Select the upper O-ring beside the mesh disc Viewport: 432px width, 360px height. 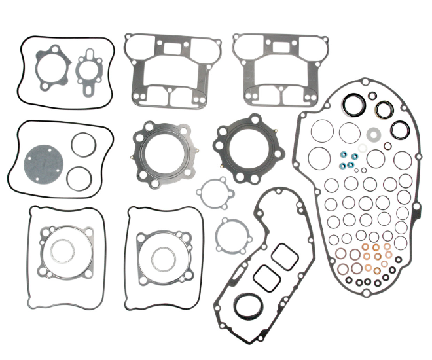click(82, 145)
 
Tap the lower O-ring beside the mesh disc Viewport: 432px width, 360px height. click(80, 177)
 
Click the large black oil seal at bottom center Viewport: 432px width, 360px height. click(248, 305)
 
